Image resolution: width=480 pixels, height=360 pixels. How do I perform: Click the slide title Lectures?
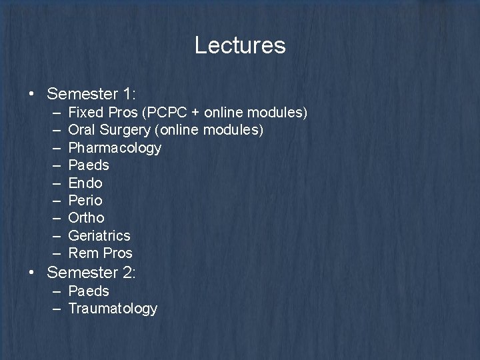click(240, 45)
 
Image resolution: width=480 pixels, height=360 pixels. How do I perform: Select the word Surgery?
click(121, 130)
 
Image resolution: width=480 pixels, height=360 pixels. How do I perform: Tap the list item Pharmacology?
click(115, 147)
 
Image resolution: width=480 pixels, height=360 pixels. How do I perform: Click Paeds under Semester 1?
click(89, 165)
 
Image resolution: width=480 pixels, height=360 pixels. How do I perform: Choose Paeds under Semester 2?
click(89, 291)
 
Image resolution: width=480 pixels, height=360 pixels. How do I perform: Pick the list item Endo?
click(85, 183)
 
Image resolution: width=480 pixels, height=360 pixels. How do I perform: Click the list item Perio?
click(85, 200)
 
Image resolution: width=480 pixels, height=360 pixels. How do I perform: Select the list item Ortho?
click(87, 217)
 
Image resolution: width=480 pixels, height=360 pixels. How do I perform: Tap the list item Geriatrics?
click(99, 235)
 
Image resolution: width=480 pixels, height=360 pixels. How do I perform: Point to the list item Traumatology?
click(113, 309)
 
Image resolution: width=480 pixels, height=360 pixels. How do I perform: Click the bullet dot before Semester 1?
click(33, 93)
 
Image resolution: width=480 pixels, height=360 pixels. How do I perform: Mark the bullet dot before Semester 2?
click(33, 273)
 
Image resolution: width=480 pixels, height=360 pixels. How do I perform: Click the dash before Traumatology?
click(56, 309)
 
